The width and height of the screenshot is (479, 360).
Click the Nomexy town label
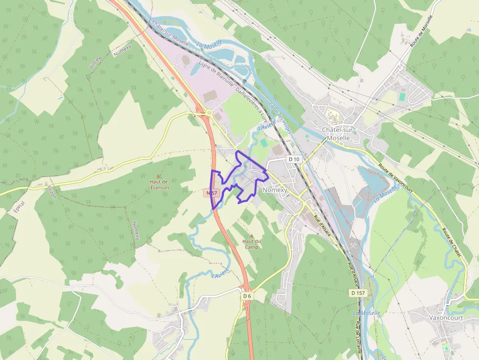(275, 190)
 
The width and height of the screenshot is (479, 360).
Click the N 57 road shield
(211, 193)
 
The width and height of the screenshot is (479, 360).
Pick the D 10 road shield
(293, 159)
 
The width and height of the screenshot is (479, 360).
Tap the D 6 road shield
(247, 296)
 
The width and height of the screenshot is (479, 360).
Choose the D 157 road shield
(358, 293)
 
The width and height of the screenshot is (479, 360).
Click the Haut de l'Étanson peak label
(159, 184)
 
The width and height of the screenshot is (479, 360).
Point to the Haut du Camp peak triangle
(252, 235)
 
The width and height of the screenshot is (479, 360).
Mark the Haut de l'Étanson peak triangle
(158, 176)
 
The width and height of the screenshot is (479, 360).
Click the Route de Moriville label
(422, 31)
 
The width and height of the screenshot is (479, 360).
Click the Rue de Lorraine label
(359, 337)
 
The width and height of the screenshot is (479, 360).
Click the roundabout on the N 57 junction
(209, 113)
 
